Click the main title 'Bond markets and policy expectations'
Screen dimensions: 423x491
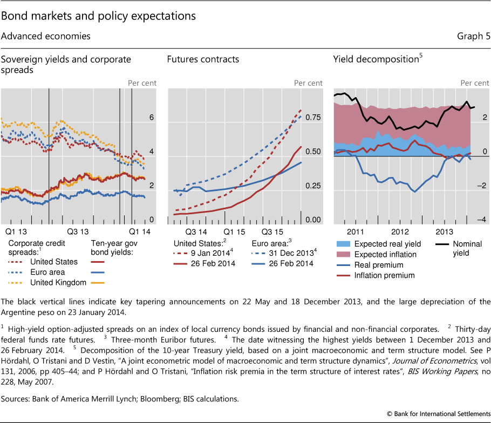click(98, 16)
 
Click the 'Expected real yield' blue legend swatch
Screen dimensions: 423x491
click(342, 244)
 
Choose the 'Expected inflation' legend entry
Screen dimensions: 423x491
click(386, 254)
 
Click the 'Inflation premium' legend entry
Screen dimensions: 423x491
click(385, 275)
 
